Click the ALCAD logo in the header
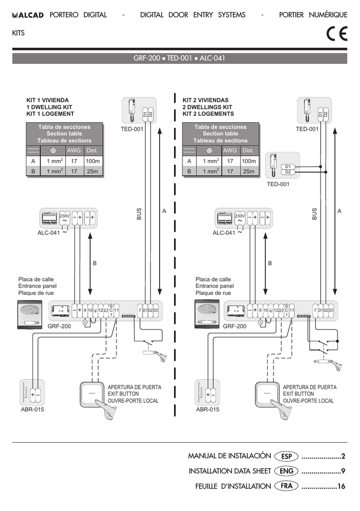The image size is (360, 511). (28, 15)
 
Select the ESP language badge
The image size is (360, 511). (286, 456)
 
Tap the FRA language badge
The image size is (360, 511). (286, 486)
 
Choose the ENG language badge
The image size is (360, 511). (286, 471)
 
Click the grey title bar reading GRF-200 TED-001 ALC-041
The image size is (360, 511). (180, 58)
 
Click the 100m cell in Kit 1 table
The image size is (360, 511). (92, 161)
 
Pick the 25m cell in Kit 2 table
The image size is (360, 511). (248, 172)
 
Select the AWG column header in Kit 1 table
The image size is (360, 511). (74, 150)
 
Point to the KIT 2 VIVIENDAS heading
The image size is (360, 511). (205, 100)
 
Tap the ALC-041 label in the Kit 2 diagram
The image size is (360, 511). (223, 233)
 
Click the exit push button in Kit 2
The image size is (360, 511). (267, 394)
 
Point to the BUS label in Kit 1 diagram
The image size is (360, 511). (139, 214)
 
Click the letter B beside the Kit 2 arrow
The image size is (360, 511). (270, 263)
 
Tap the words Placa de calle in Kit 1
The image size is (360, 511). (36, 279)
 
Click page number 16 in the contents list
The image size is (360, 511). (341, 486)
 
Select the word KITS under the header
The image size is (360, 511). (18, 33)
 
